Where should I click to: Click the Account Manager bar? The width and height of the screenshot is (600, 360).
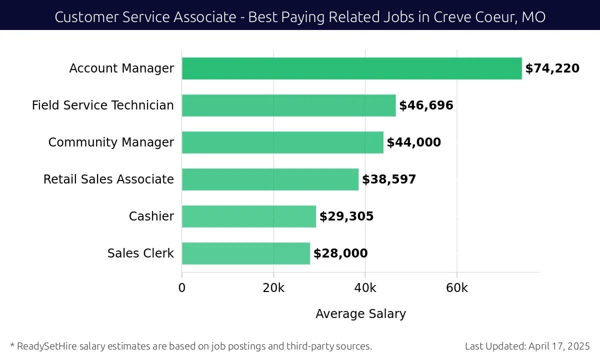click(x=351, y=68)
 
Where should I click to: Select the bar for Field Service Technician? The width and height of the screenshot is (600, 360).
click(x=288, y=105)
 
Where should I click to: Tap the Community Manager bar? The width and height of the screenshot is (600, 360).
click(x=282, y=142)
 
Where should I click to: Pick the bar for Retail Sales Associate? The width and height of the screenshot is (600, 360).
click(x=270, y=179)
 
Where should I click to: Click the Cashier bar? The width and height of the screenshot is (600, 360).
click(x=248, y=216)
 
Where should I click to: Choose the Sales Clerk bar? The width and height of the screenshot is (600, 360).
click(x=245, y=253)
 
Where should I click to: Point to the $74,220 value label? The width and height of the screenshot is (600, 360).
click(x=552, y=68)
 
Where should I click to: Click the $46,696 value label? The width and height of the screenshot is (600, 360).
click(x=426, y=105)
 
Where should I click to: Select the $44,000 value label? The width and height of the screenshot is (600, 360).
click(x=413, y=142)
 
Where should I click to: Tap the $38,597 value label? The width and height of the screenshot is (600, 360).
click(x=389, y=179)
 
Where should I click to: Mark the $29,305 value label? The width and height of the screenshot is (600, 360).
click(x=346, y=216)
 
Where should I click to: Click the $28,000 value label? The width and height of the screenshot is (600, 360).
click(x=340, y=253)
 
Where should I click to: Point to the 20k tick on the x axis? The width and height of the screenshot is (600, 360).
click(x=273, y=288)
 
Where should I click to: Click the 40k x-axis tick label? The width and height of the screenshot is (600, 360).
click(x=365, y=288)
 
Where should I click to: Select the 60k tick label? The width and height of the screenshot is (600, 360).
click(x=456, y=288)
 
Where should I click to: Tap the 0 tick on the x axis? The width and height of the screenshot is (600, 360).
click(x=182, y=288)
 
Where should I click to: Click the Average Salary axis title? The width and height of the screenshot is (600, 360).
click(x=360, y=314)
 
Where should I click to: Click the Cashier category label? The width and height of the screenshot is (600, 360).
click(x=151, y=216)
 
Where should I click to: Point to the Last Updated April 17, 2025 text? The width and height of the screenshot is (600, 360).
click(x=527, y=346)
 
